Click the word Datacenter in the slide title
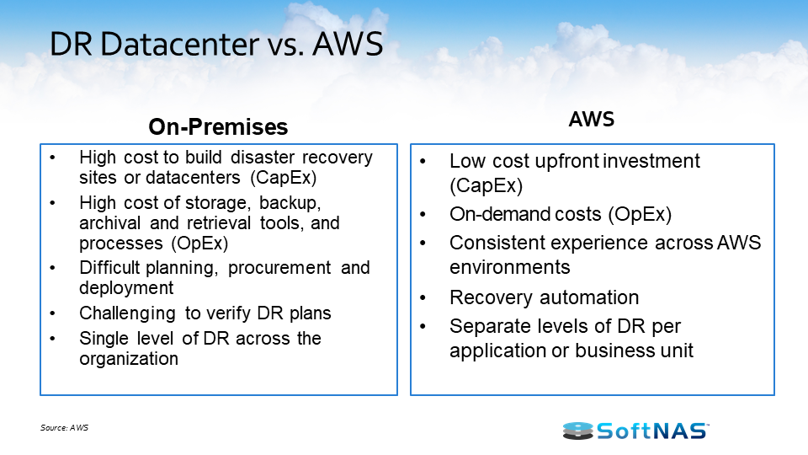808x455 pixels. (x=179, y=44)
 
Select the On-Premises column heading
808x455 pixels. (x=218, y=127)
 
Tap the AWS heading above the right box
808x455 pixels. (x=592, y=119)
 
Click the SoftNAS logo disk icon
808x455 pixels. (x=577, y=431)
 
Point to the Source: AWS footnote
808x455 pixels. (x=65, y=428)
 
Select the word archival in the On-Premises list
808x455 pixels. (x=109, y=222)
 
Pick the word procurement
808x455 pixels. (x=279, y=268)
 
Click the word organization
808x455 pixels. (x=129, y=359)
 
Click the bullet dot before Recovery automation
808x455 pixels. (x=423, y=298)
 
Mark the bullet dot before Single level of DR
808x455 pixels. (x=52, y=339)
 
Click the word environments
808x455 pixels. (x=510, y=267)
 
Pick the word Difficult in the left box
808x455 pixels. (x=109, y=268)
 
